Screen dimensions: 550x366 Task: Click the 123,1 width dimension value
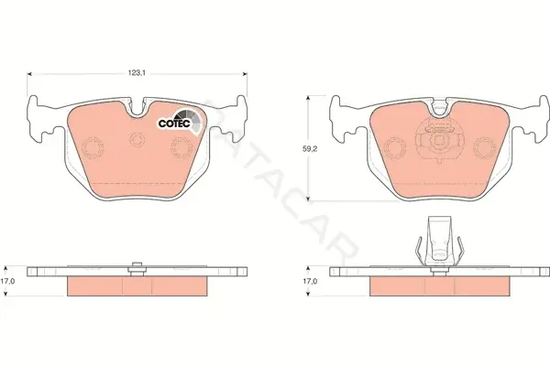137,73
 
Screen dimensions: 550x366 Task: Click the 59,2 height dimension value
310,149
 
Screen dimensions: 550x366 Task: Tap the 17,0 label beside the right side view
310,281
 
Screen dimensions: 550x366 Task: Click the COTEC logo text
174,124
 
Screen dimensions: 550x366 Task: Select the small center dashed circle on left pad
137,139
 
